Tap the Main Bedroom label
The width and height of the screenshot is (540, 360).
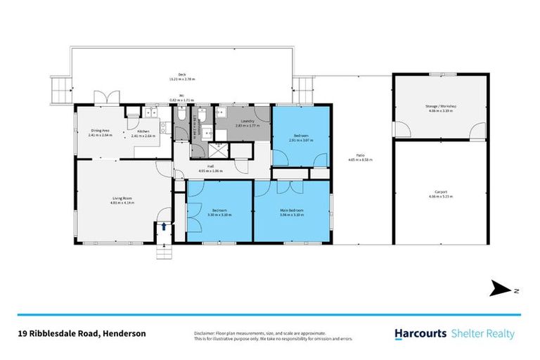tap(291, 210)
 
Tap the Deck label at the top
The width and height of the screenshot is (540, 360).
tap(181, 74)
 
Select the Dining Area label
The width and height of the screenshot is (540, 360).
tap(101, 130)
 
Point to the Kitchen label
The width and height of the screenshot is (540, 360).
tap(143, 131)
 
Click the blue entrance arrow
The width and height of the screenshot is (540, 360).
tap(164, 226)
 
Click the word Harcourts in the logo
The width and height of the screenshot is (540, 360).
tap(418, 334)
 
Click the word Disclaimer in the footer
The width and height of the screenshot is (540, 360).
tap(205, 331)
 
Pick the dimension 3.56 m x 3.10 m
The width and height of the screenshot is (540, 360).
tap(291, 214)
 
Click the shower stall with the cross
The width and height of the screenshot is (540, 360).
tap(220, 148)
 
